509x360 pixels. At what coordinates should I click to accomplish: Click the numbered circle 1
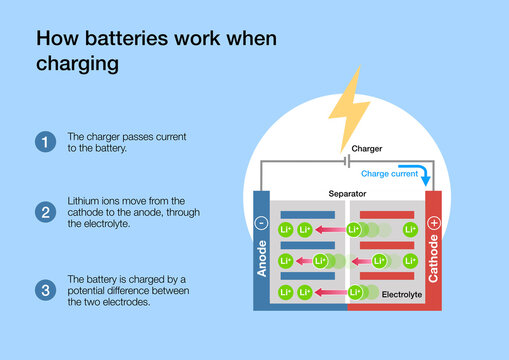coord(45,142)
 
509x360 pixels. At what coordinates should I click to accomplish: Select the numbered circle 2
coord(45,212)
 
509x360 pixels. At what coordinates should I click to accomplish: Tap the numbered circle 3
coord(45,291)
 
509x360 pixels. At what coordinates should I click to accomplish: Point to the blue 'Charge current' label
coord(390,173)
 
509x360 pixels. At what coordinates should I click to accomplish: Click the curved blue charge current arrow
coord(427,176)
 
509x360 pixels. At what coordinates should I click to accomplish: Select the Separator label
coord(346,192)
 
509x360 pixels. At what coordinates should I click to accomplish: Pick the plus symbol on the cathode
coord(433,222)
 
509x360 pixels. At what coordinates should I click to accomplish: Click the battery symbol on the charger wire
coord(346,159)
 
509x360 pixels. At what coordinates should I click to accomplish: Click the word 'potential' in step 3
coord(91,291)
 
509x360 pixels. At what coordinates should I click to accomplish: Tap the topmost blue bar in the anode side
coord(307,214)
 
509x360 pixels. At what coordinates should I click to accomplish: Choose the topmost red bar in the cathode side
coord(386,214)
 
